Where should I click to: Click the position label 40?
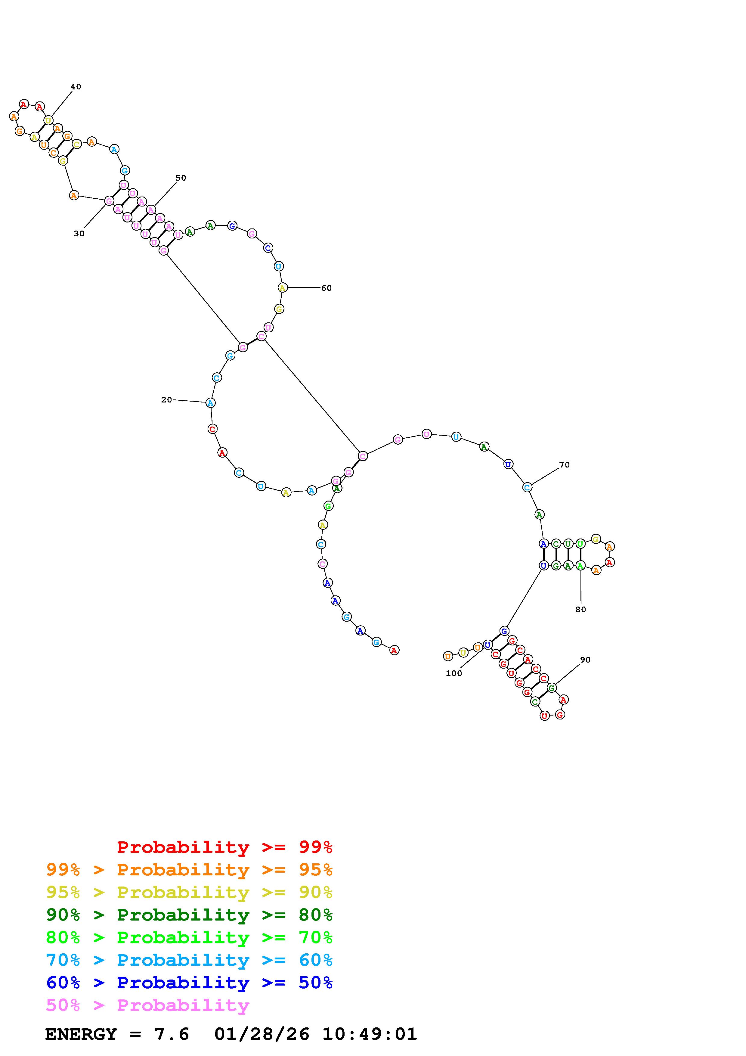click(x=76, y=86)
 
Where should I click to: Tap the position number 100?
click(x=454, y=673)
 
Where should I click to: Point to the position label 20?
click(x=166, y=400)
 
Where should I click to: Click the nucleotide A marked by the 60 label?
click(x=282, y=287)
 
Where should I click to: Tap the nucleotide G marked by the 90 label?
click(x=552, y=688)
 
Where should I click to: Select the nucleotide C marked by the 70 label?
click(x=527, y=487)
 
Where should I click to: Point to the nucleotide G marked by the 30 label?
click(x=109, y=200)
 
